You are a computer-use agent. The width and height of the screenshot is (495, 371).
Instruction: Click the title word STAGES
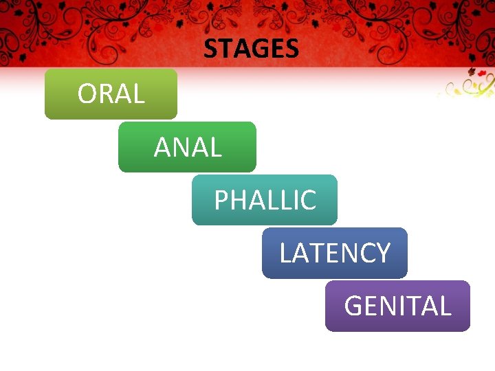(251, 49)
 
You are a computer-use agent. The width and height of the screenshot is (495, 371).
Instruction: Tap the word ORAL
(111, 94)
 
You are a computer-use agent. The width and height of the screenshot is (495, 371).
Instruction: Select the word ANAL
(188, 147)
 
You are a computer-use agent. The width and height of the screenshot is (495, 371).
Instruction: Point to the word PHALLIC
(265, 201)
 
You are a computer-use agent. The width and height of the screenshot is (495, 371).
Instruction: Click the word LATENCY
(335, 254)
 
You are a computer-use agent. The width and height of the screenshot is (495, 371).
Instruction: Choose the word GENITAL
(397, 306)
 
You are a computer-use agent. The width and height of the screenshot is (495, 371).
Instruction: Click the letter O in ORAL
(87, 94)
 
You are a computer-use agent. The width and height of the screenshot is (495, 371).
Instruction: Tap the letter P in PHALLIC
(221, 201)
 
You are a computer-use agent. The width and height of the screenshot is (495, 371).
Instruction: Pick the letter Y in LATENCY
(383, 254)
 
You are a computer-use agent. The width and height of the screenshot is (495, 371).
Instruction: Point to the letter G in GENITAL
(352, 306)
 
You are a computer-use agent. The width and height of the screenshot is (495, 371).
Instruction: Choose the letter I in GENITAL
(406, 306)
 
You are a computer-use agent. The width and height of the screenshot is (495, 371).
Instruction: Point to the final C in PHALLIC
(308, 201)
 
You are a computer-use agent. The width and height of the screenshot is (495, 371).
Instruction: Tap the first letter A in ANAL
(162, 147)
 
